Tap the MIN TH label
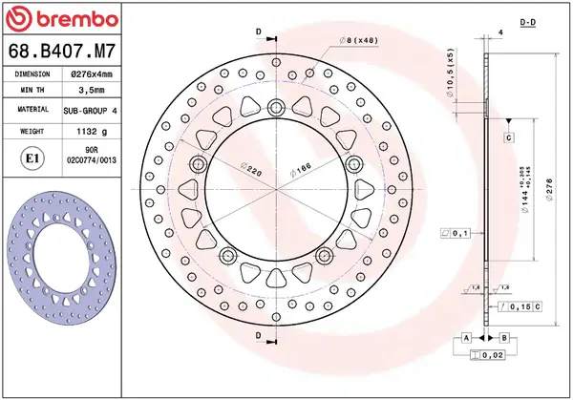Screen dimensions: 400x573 pos(33,91)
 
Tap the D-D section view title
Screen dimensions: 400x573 pos(554,21)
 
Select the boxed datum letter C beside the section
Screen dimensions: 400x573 pos(509,138)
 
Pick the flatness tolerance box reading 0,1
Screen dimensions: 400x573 pos(455,232)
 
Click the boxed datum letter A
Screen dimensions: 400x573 pos(465,338)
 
